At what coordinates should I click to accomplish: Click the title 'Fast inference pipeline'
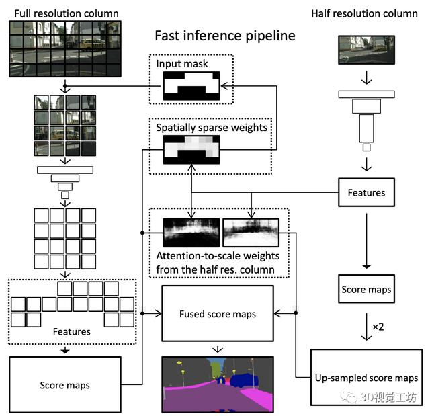coord(224,36)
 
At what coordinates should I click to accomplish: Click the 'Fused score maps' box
coord(218,314)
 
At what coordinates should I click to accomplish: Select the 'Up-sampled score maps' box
coord(366,378)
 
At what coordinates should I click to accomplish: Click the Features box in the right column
coord(366,193)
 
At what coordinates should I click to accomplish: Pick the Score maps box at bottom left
coord(65,385)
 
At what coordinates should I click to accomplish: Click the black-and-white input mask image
coord(191,85)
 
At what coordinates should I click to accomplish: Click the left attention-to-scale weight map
coord(191,232)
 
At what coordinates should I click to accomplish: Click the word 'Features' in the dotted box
coord(71,332)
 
